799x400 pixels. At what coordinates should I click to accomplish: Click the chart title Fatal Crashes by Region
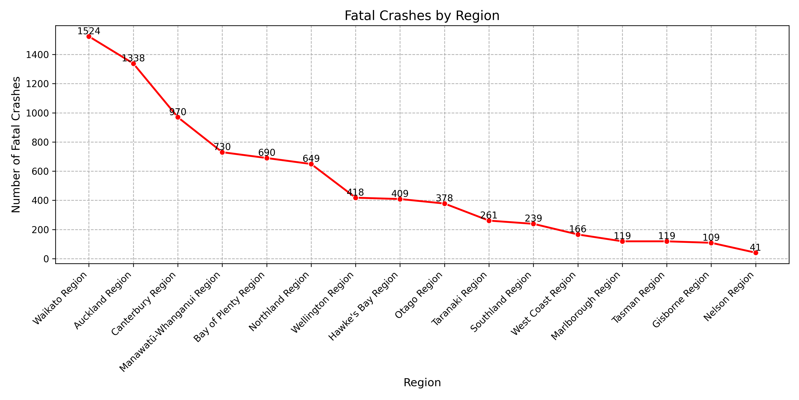pos(422,16)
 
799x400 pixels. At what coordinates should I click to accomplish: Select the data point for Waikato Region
pos(89,36)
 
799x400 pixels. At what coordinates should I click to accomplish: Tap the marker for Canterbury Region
pos(178,117)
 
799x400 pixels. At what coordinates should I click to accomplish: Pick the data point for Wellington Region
pos(356,198)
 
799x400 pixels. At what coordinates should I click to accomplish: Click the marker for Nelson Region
pos(755,253)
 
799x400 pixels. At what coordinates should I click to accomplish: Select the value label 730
pos(222,147)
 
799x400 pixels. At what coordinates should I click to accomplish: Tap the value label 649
pos(311,158)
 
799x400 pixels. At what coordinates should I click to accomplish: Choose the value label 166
pos(577,229)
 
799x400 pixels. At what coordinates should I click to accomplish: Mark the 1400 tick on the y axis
pos(38,55)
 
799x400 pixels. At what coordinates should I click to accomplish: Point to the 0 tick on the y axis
pos(46,259)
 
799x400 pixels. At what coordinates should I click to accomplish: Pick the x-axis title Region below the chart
pos(422,382)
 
